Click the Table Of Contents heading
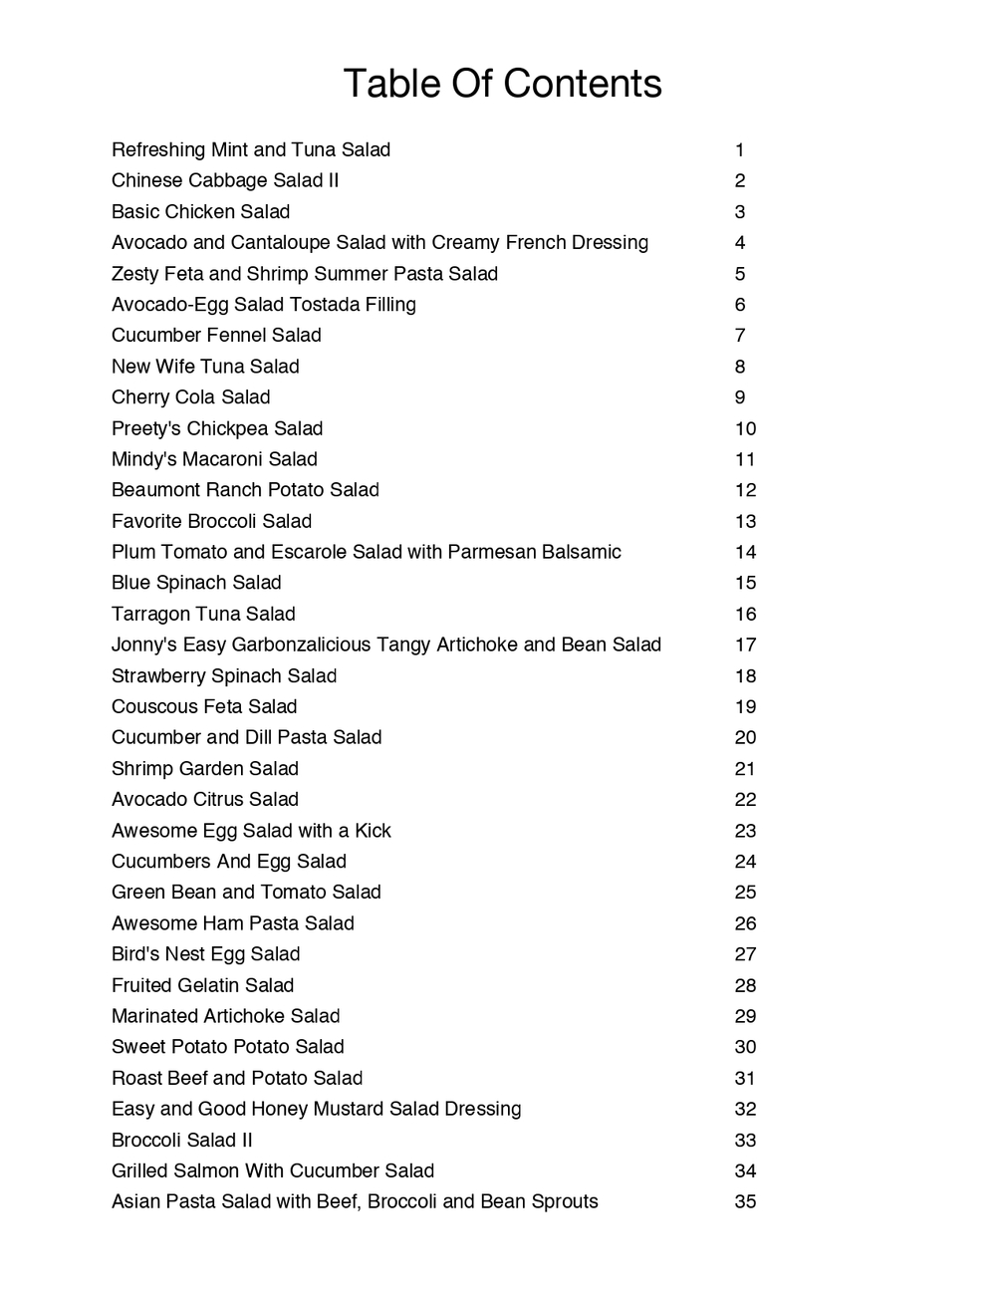click(x=502, y=84)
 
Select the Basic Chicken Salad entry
click(x=200, y=212)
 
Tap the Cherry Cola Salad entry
click(x=190, y=397)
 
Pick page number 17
click(x=745, y=645)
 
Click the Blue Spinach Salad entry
click(x=196, y=583)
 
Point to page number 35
click(x=745, y=1201)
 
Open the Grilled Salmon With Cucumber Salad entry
click(x=273, y=1170)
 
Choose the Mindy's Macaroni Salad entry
click(x=214, y=459)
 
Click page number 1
click(x=740, y=150)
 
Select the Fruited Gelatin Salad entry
click(x=202, y=985)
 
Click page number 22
click(x=745, y=799)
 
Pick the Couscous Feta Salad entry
click(x=204, y=706)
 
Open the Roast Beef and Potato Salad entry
click(x=237, y=1078)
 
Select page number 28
click(x=745, y=985)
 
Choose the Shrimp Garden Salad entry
click(x=205, y=768)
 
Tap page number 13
click(x=745, y=521)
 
